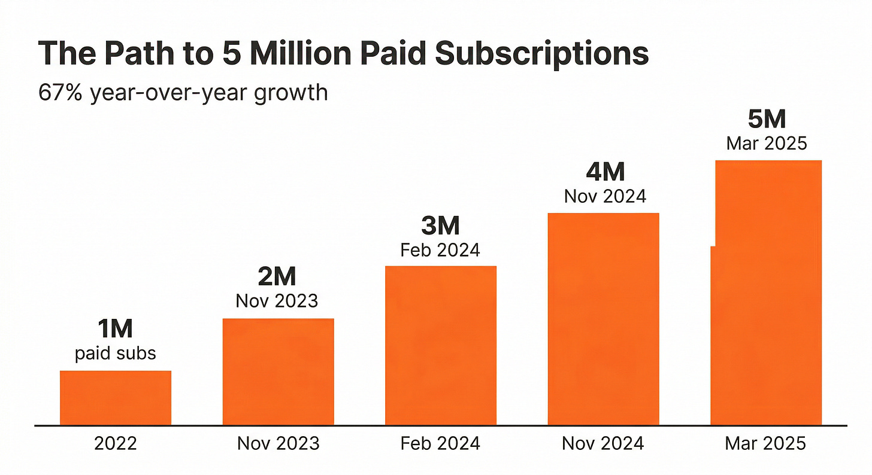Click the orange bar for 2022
[x=116, y=398]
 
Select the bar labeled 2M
[x=278, y=371]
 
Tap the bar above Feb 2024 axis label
[x=440, y=345]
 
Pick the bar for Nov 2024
[x=604, y=319]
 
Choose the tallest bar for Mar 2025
[x=766, y=293]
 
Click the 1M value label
[x=115, y=329]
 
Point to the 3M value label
[x=440, y=226]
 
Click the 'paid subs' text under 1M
[x=116, y=353]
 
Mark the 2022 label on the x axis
[x=116, y=443]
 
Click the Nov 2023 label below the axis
[x=278, y=443]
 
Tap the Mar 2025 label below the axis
[x=766, y=443]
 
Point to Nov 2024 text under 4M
[x=605, y=196]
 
